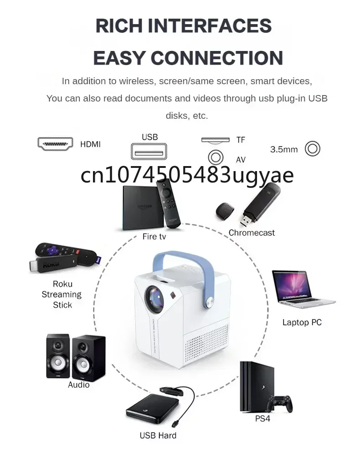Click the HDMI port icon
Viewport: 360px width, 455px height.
[55, 144]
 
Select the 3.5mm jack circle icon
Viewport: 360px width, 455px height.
[313, 148]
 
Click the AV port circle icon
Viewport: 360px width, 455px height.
[216, 157]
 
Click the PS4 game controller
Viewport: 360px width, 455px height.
[279, 402]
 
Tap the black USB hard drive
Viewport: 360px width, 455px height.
[149, 409]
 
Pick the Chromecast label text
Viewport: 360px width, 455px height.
[252, 233]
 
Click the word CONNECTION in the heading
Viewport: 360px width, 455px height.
[216, 58]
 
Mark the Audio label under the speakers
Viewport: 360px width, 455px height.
[78, 385]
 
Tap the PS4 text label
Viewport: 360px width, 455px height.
[262, 418]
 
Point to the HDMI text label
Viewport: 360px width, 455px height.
[90, 144]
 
